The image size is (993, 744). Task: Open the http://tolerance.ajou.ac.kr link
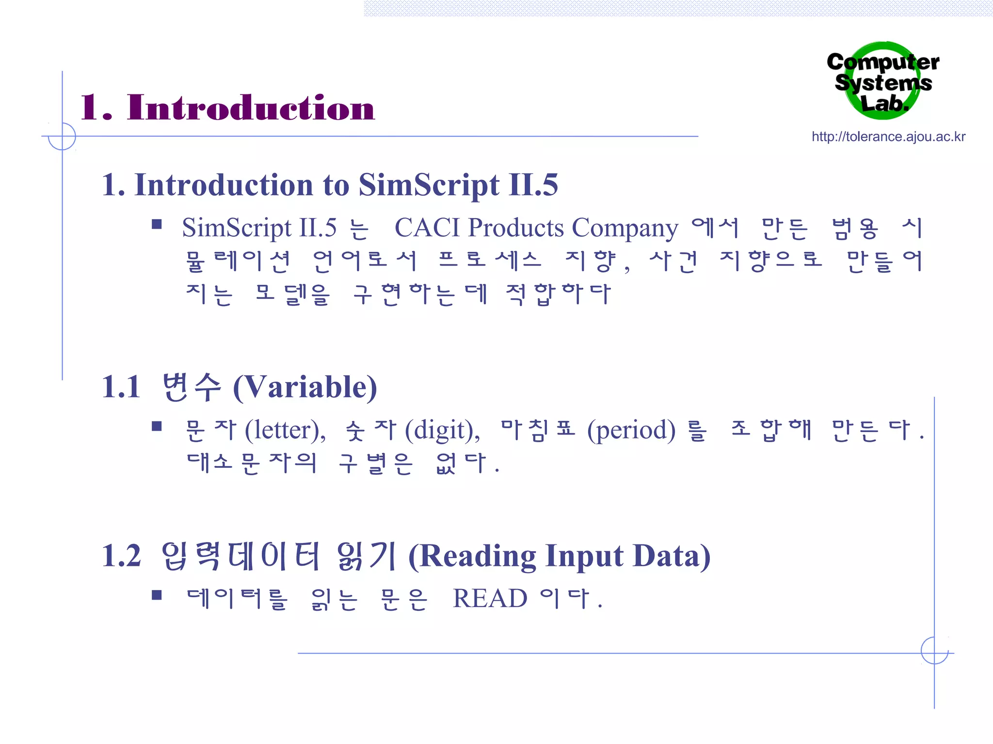coord(888,137)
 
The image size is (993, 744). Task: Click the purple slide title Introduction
coord(250,108)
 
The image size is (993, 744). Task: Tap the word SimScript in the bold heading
coord(429,185)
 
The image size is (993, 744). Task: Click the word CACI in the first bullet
coord(427,228)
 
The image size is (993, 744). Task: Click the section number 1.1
coord(121,387)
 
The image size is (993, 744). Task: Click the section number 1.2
coord(121,556)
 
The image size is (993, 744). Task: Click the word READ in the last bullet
coord(490,599)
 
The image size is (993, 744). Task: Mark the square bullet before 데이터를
coord(157,595)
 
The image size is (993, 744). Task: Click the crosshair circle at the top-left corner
coord(62,136)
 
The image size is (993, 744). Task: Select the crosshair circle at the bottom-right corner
coord(934,651)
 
